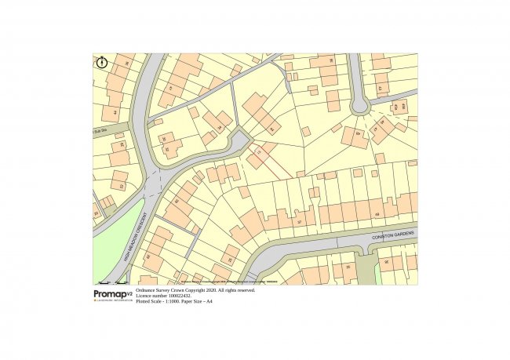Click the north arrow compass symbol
102,62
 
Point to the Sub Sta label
99,130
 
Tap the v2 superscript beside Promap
129,292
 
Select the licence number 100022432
181,296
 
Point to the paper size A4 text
209,301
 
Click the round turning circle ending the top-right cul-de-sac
360,105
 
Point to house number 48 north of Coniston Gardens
377,214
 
